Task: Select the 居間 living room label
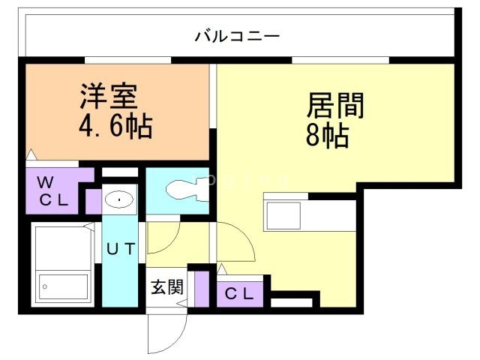334,106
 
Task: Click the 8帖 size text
327,136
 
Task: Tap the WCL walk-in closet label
53,190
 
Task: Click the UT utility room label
120,249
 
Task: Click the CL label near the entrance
240,293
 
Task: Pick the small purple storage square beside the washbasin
93,201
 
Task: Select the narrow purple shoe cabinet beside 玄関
200,289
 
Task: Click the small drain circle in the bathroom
46,286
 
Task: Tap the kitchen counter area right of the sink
329,216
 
